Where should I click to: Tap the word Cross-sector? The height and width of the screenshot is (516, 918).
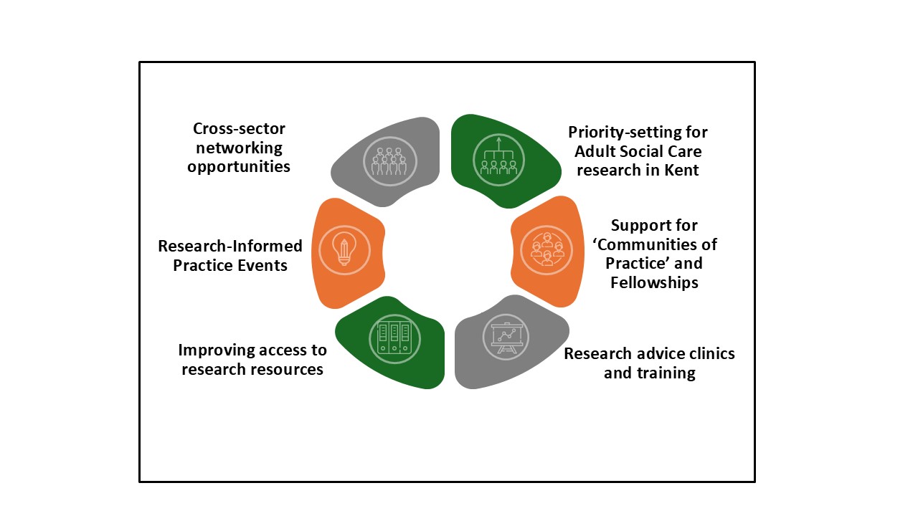pos(239,129)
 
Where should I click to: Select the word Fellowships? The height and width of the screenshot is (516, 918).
pos(654,282)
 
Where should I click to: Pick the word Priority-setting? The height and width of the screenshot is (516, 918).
pos(638,133)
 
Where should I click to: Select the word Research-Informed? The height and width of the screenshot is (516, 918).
pos(230,247)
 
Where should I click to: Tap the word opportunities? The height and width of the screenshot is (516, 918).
pos(239,166)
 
